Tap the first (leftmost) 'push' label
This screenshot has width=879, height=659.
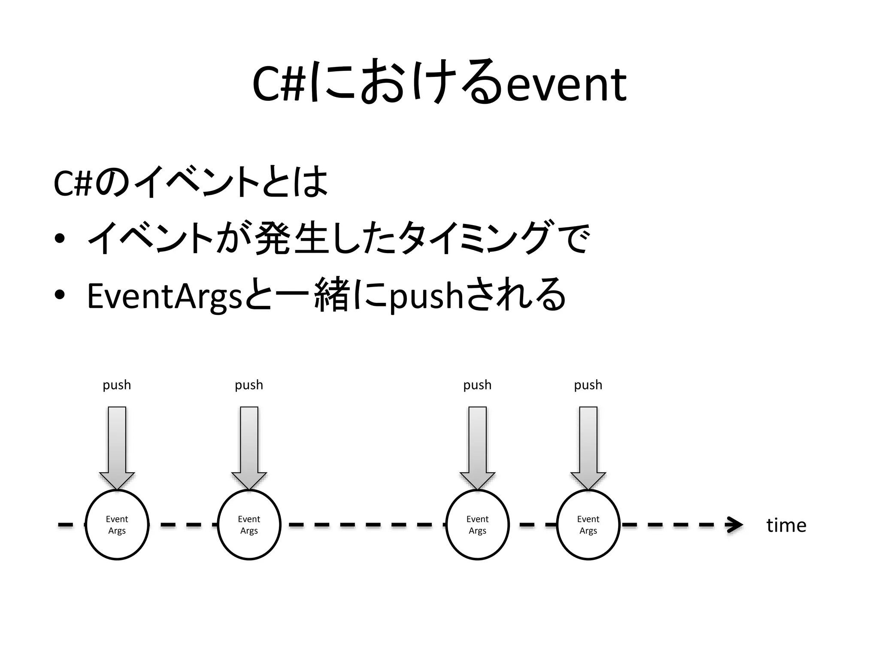pyautogui.click(x=117, y=385)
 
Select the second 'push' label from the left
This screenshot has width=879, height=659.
pyautogui.click(x=249, y=385)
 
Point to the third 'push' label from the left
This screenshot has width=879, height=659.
pyautogui.click(x=477, y=385)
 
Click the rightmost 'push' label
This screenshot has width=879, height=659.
pyautogui.click(x=588, y=385)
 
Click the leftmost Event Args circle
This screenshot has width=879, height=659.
pyautogui.click(x=117, y=525)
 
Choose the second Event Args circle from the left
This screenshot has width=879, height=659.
pyautogui.click(x=249, y=525)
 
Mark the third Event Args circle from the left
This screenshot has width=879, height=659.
pyautogui.click(x=478, y=525)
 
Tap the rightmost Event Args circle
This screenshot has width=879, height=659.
pyautogui.click(x=588, y=525)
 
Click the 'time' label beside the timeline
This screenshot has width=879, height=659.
pyautogui.click(x=786, y=525)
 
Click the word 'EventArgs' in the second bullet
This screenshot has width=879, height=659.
pyautogui.click(x=165, y=296)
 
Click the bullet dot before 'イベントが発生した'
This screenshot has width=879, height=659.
pyautogui.click(x=60, y=239)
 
